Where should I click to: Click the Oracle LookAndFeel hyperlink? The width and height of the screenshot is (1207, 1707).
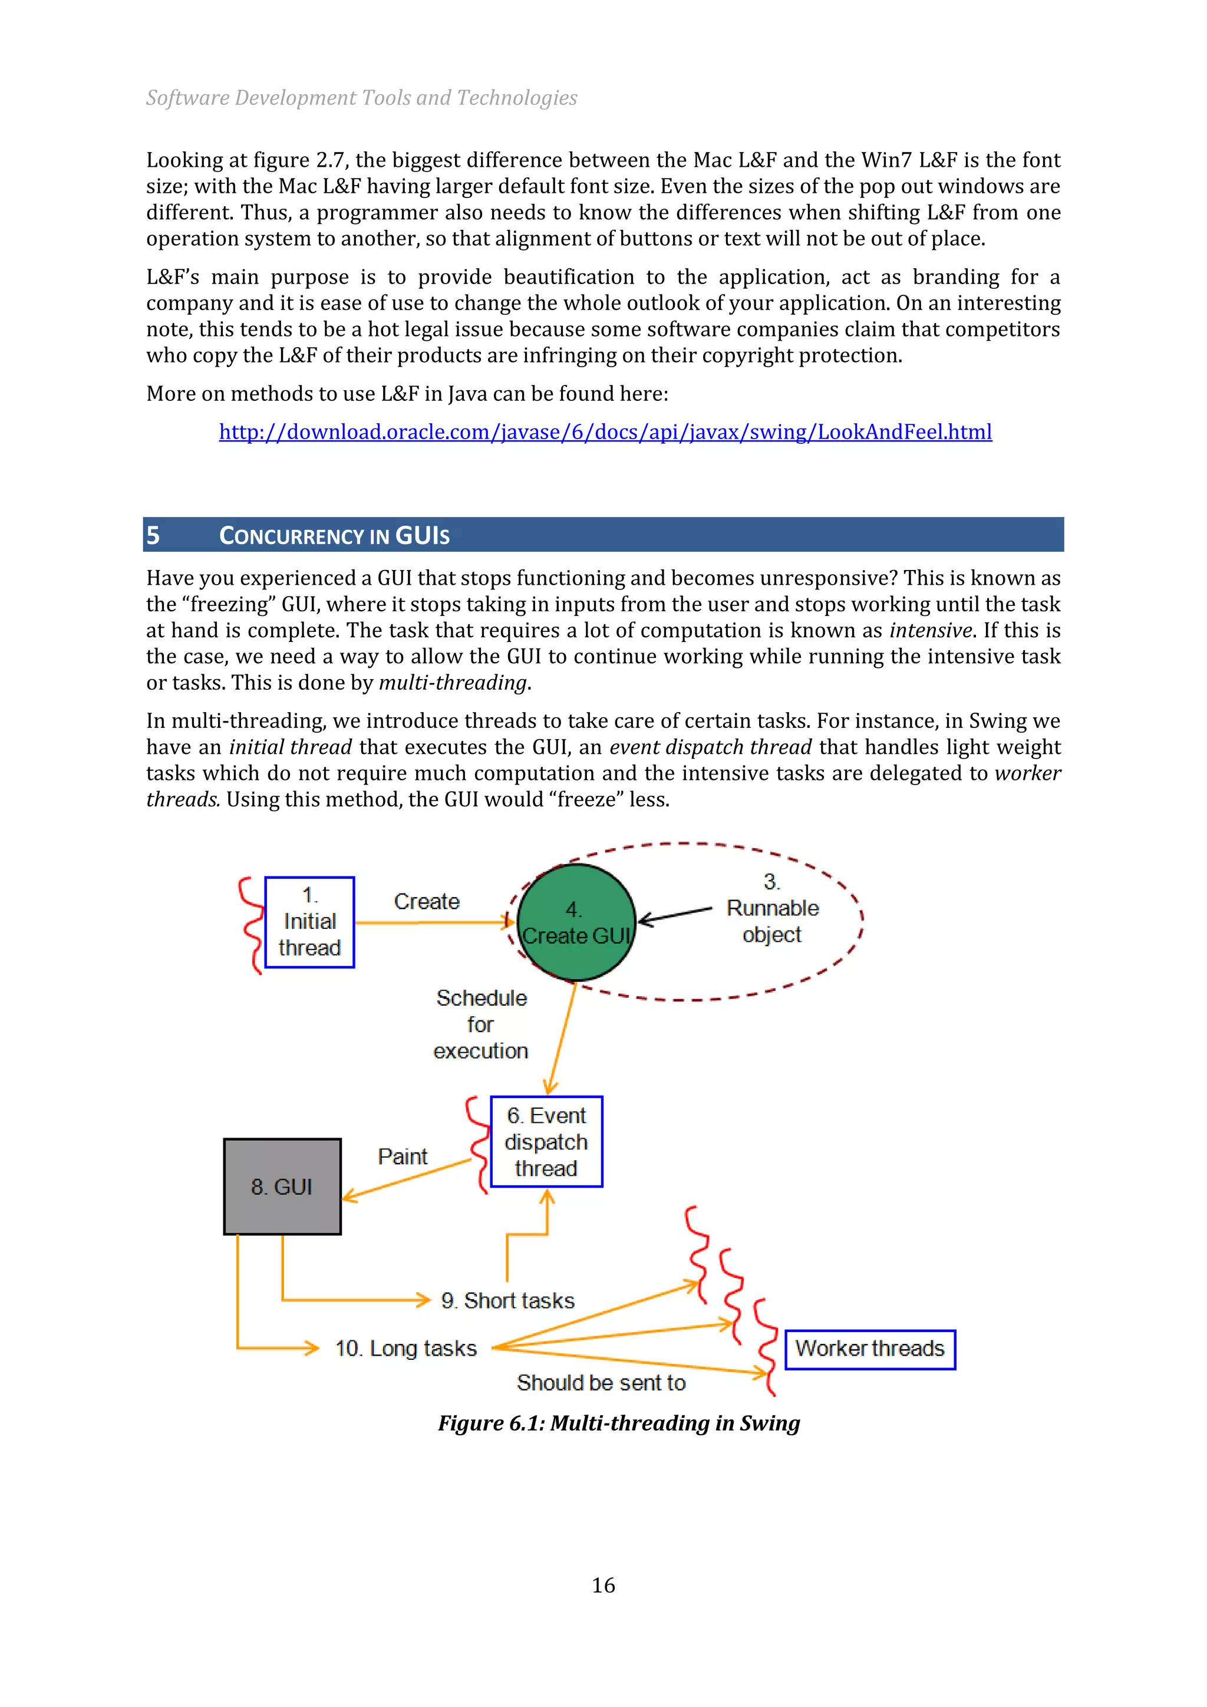(605, 432)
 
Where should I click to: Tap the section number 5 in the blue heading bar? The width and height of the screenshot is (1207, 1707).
(153, 535)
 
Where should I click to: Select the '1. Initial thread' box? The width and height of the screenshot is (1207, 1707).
(309, 922)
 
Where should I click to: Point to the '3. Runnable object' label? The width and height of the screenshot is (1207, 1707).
(772, 908)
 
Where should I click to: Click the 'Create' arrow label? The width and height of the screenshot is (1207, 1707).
(427, 901)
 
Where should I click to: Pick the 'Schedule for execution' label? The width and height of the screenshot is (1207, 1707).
(481, 1024)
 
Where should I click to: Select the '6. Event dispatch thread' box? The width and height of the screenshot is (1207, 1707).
(546, 1141)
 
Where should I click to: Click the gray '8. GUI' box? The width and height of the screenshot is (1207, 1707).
(282, 1187)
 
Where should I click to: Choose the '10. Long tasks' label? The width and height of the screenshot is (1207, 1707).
(406, 1348)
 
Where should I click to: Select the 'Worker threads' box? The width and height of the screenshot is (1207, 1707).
(869, 1349)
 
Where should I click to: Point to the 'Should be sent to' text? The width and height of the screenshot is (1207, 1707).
(601, 1382)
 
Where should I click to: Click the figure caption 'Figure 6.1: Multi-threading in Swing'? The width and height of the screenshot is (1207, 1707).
(618, 1423)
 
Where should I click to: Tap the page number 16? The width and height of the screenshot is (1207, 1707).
(603, 1585)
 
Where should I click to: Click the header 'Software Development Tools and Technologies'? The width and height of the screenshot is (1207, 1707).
(361, 97)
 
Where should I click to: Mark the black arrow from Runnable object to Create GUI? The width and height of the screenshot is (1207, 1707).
(675, 914)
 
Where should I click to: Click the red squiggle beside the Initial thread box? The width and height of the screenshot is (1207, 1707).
(251, 924)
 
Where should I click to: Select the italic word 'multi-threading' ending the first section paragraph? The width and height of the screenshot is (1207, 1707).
(453, 683)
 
